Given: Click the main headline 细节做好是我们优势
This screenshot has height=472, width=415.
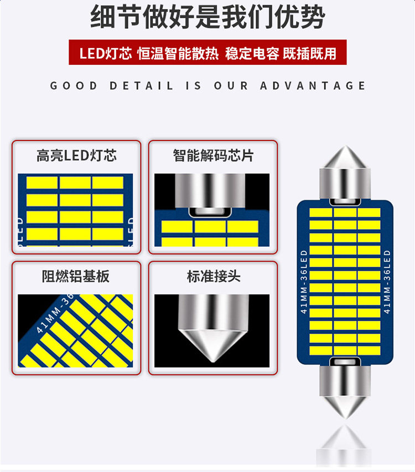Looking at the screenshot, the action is (207, 18).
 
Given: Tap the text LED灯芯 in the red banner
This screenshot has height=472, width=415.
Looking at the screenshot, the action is (105, 53).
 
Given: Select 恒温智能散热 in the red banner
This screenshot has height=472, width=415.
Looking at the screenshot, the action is (178, 53).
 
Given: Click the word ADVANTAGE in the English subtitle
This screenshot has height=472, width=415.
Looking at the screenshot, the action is (313, 86).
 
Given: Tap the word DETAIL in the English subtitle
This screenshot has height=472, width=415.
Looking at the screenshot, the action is (142, 86).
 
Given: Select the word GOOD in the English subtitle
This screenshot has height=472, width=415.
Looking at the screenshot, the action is (74, 86).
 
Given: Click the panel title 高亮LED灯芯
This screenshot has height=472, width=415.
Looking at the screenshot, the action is (76, 155).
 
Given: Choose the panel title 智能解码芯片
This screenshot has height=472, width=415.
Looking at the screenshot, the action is (213, 155).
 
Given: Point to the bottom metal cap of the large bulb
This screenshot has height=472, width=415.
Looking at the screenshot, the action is (345, 387).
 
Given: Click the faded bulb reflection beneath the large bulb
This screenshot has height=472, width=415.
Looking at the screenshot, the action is (344, 445).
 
